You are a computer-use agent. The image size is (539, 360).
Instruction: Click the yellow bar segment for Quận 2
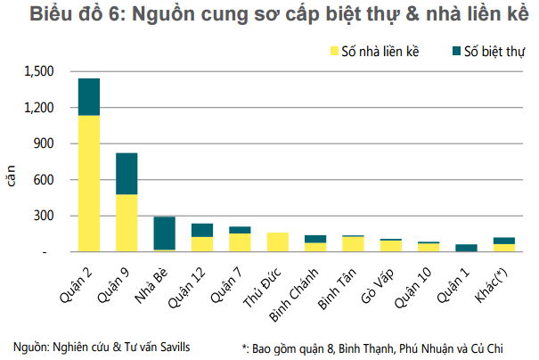88,184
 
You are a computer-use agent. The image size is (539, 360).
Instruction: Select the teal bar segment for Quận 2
88,97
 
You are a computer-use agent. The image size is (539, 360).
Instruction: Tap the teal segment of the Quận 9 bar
127,174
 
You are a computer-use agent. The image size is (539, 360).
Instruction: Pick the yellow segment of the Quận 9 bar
127,223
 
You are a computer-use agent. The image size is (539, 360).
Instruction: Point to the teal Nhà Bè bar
164,233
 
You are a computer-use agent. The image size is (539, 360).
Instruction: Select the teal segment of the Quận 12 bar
202,230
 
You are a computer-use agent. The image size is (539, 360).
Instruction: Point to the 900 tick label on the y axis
45,143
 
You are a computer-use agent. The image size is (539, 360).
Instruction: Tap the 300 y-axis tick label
45,216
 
